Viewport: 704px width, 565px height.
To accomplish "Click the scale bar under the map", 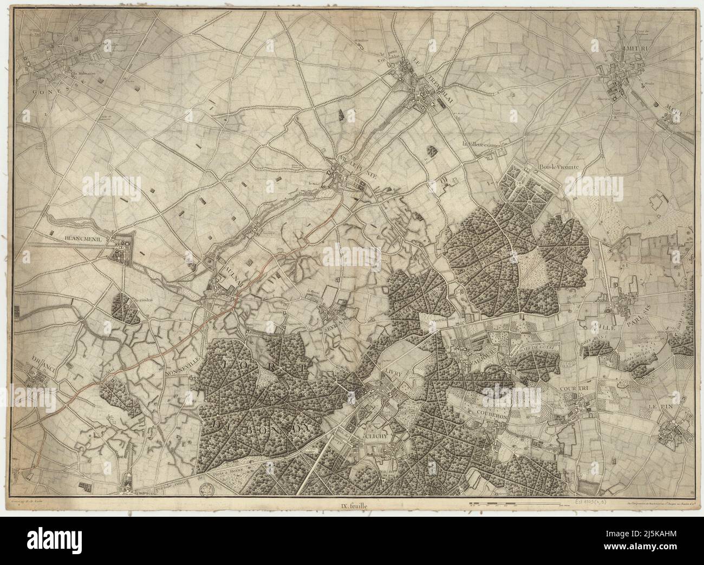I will pos(514,504).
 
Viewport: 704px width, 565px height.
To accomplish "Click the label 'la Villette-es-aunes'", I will pos(486,145).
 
